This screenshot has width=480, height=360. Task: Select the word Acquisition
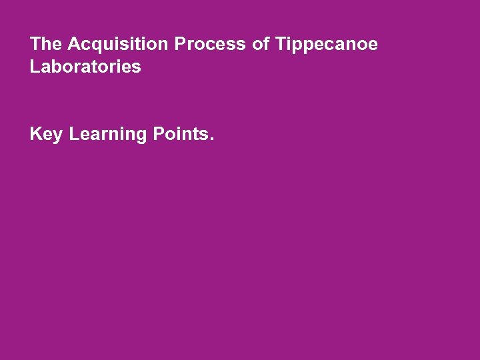118,45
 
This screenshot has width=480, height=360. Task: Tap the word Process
210,45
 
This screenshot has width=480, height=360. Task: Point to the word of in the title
260,45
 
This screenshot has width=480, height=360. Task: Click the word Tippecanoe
325,45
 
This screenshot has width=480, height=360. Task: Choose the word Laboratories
85,67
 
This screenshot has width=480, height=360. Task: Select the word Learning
107,135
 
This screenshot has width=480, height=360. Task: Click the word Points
181,134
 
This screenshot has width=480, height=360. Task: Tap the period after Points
212,139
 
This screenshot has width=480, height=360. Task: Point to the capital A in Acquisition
73,45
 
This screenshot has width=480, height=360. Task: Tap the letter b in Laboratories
55,67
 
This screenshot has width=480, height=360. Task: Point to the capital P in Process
180,45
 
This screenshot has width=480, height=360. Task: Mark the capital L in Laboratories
35,67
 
